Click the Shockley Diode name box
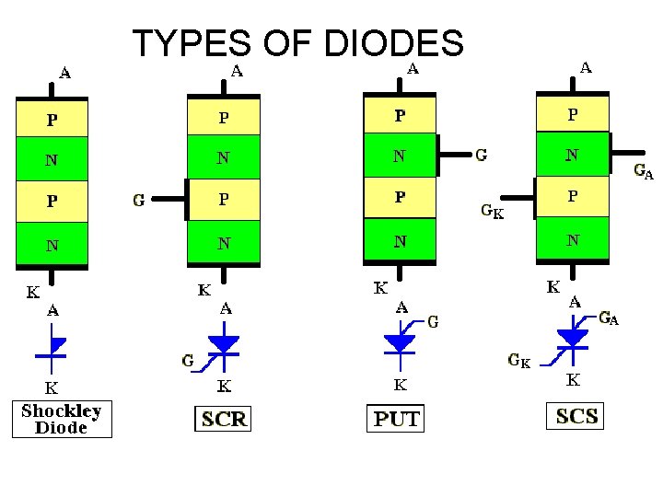click(62, 419)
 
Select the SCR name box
click(224, 419)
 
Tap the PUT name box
click(396, 419)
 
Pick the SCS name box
click(577, 416)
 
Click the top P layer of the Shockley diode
click(52, 119)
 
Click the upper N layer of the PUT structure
click(400, 156)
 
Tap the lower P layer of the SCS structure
click(573, 196)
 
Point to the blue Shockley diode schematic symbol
click(52, 345)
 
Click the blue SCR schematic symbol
click(224, 344)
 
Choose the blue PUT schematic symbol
click(400, 341)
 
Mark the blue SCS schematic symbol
click(573, 338)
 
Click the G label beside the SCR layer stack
click(139, 199)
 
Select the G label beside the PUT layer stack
click(481, 156)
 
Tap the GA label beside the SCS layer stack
click(644, 171)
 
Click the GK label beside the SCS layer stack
click(492, 212)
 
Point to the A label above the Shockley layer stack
click(65, 71)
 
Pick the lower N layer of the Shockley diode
click(52, 245)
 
